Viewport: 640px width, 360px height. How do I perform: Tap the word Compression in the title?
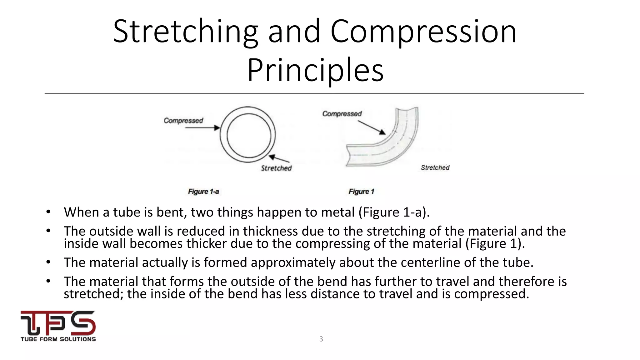(x=423, y=32)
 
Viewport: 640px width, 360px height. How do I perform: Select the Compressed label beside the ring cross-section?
(x=183, y=121)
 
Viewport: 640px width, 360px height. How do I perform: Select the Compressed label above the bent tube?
(x=342, y=114)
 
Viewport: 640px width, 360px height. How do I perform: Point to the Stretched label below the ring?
(x=276, y=168)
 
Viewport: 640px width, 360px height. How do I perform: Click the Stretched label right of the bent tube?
(x=435, y=168)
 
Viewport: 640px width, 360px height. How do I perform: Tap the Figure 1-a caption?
(x=203, y=192)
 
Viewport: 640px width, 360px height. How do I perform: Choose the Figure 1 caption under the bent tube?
(x=361, y=192)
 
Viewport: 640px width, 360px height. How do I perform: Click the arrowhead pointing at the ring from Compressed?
(x=217, y=128)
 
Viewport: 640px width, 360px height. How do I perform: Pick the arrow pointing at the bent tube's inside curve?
(x=372, y=127)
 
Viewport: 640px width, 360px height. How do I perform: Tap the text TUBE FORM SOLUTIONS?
(x=58, y=339)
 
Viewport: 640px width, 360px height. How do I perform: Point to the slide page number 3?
(x=321, y=339)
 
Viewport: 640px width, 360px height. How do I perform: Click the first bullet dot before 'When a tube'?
(x=48, y=212)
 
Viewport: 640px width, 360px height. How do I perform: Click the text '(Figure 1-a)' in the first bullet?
(x=394, y=212)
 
